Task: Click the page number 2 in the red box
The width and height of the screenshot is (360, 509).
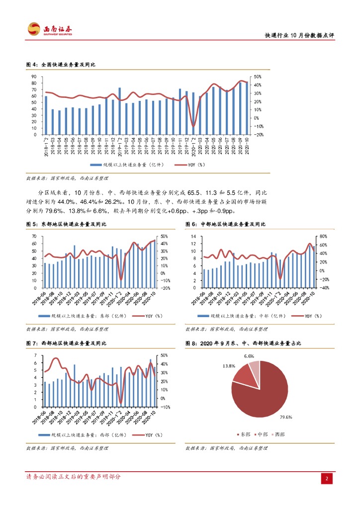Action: pos(327,478)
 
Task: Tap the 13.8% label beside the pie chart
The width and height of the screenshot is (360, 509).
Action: pos(229,366)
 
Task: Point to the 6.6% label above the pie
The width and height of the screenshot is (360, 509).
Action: pos(249,356)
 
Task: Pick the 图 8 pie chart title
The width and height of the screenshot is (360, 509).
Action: pos(243,343)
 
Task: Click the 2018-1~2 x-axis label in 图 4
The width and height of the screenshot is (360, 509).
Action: pos(46,147)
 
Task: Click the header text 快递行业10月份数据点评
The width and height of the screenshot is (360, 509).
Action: pos(298,35)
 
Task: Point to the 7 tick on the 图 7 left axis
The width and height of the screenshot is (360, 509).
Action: pos(35,355)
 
